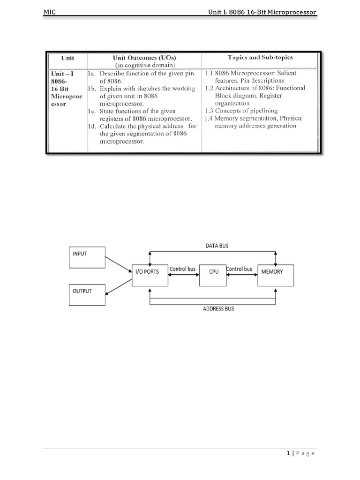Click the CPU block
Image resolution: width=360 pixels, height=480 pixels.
click(214, 272)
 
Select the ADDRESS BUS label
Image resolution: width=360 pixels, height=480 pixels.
click(218, 309)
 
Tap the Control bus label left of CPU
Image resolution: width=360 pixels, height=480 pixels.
click(182, 270)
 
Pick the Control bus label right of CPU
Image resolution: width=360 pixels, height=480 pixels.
click(239, 270)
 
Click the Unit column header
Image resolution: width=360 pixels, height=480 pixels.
click(67, 58)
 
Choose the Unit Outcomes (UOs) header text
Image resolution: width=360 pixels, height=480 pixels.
click(144, 58)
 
